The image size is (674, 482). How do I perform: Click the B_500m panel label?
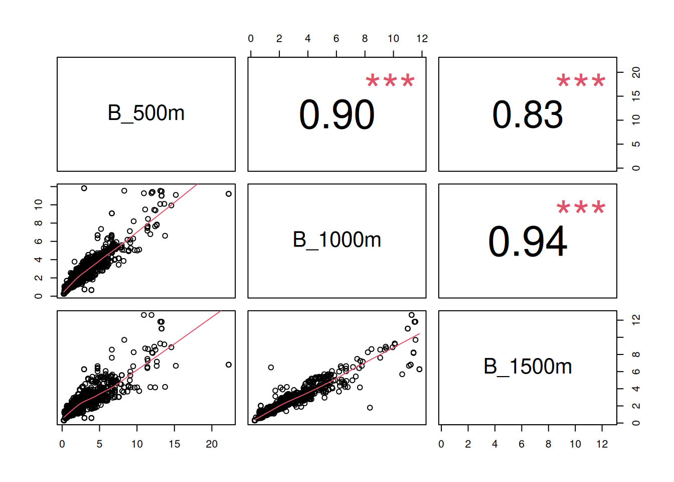click(146, 113)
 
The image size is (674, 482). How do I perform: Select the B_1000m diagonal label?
click(336, 240)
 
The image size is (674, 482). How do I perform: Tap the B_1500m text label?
click(528, 367)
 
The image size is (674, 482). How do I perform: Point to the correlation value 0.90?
click(336, 115)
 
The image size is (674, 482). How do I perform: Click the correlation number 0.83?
click(528, 115)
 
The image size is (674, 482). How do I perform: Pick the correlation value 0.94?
click(528, 242)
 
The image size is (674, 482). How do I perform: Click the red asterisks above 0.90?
click(390, 81)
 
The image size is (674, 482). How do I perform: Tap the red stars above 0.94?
click(581, 207)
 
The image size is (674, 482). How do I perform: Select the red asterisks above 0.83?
click(581, 81)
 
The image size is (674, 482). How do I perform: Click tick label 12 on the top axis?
click(422, 39)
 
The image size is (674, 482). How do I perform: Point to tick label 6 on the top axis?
click(336, 39)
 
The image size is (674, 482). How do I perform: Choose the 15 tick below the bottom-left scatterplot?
click(174, 444)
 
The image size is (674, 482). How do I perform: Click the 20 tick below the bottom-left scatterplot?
click(212, 444)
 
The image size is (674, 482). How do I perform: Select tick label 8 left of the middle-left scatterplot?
click(39, 223)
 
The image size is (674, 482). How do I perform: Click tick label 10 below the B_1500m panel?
click(575, 444)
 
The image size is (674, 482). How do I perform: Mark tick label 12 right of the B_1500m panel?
click(636, 320)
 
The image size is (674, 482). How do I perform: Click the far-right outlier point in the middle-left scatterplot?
click(229, 194)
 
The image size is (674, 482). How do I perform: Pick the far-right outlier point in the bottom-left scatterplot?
click(229, 365)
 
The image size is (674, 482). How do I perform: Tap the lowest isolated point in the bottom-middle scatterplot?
click(370, 408)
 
